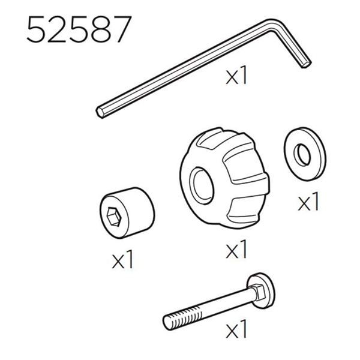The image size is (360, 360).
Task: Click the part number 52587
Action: (x=79, y=29)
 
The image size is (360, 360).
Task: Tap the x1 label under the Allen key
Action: (x=236, y=76)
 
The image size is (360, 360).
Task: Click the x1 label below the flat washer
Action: (x=308, y=202)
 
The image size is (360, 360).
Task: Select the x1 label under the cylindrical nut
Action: (x=122, y=260)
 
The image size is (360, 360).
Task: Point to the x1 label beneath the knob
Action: (x=236, y=250)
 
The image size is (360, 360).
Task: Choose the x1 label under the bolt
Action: (x=236, y=329)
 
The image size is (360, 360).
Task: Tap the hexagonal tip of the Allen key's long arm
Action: (x=99, y=113)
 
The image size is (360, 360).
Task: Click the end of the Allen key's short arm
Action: (x=306, y=64)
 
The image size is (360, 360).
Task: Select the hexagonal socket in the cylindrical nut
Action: (x=113, y=216)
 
